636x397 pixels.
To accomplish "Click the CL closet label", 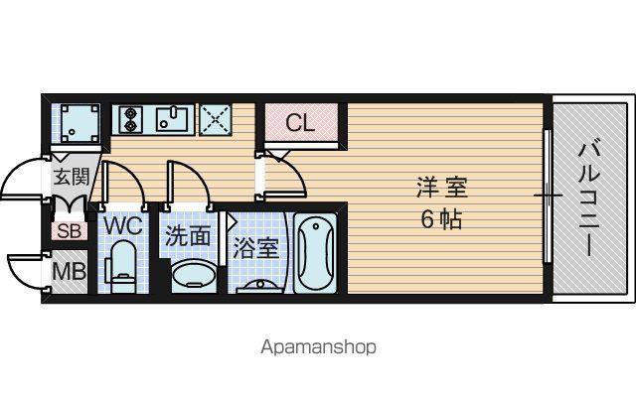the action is pos(300,123).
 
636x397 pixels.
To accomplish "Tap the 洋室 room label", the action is pos(442,188).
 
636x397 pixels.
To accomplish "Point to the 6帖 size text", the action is pos(441,220).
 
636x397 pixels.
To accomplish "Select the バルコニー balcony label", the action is pos(587,199).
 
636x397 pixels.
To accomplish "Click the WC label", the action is pos(123,225).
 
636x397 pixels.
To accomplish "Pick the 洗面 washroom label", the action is pos(188,235).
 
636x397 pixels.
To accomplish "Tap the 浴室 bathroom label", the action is pos(255,248).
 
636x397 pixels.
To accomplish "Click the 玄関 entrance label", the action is pos(72,177).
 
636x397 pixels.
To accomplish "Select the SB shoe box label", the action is pos(70,231).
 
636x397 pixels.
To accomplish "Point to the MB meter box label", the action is pos(70,271).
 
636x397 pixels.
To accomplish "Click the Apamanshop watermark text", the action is pos(318,347).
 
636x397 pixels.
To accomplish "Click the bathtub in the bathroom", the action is pos(315,253).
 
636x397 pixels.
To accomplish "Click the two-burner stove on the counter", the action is pos(130,119).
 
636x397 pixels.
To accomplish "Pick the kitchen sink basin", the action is pos(172,118).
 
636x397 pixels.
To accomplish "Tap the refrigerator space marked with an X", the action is pos(215,119).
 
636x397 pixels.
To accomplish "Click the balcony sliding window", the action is pos(547,197).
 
